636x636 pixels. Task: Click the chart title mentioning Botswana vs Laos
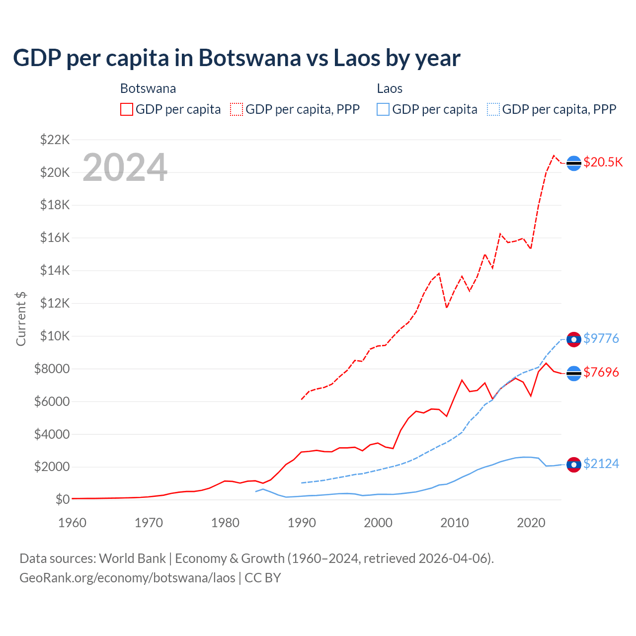(237, 58)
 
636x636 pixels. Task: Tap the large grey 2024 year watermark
(125, 167)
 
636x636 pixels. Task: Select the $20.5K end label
(603, 162)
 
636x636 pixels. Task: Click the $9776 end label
(601, 338)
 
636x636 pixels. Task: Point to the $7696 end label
(601, 372)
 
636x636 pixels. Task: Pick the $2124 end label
(601, 464)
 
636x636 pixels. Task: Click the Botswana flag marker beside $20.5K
(574, 163)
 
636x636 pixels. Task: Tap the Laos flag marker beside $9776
(574, 339)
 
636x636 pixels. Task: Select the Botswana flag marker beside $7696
(574, 373)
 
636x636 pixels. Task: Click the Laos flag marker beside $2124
(574, 465)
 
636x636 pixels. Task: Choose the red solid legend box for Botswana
(127, 109)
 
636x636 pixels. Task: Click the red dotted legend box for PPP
(237, 109)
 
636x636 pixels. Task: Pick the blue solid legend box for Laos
(383, 109)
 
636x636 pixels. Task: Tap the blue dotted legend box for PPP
(493, 109)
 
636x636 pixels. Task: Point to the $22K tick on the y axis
(55, 140)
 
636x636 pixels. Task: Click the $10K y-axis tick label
(55, 336)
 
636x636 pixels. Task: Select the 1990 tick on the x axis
(302, 523)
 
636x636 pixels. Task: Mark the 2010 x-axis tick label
(455, 523)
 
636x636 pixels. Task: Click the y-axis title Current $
(21, 319)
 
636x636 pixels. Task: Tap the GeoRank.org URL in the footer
(127, 578)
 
